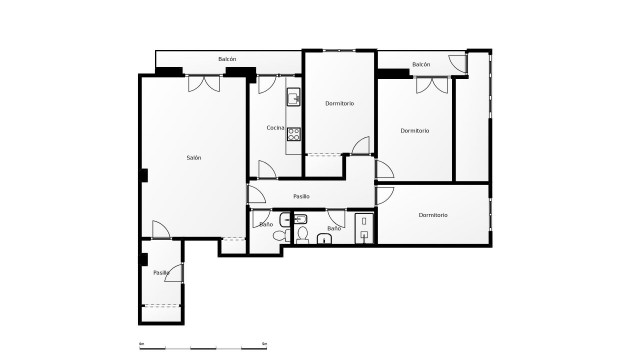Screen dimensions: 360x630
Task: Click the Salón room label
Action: pyautogui.click(x=194, y=158)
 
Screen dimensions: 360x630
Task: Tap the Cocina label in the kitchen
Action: pyautogui.click(x=276, y=127)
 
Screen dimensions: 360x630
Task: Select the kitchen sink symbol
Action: pyautogui.click(x=294, y=97)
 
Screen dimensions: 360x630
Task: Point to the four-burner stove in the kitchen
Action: pyautogui.click(x=294, y=134)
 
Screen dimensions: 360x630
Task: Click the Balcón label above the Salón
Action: pyautogui.click(x=227, y=60)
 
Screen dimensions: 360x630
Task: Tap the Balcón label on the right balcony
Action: pyautogui.click(x=421, y=64)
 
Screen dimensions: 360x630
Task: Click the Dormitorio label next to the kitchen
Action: pyautogui.click(x=340, y=104)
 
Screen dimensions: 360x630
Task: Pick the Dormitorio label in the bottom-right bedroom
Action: pyautogui.click(x=433, y=215)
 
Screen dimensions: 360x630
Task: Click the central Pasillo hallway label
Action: pyautogui.click(x=301, y=196)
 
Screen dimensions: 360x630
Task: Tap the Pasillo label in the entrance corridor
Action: pyautogui.click(x=160, y=272)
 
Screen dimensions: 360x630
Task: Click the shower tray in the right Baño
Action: pyautogui.click(x=362, y=226)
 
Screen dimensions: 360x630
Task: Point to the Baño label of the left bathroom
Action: pyautogui.click(x=266, y=225)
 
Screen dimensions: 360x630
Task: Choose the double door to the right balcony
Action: pyautogui.click(x=431, y=86)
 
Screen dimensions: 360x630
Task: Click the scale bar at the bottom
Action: pyautogui.click(x=202, y=347)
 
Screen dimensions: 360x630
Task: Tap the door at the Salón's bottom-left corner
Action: pyautogui.click(x=160, y=229)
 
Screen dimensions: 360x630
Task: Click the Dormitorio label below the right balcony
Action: pyautogui.click(x=415, y=131)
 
